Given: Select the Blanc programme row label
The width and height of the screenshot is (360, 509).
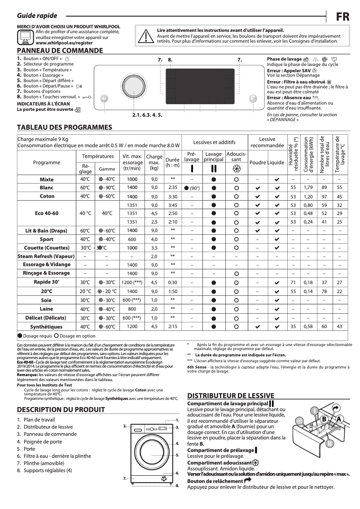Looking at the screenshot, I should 47,188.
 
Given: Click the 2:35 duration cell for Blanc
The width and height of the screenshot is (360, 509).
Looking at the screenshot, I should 172,188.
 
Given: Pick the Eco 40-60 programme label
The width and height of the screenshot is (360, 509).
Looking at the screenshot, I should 47,214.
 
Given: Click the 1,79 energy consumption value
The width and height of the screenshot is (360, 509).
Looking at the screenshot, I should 308,188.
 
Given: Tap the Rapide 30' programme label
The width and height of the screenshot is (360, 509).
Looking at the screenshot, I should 47,282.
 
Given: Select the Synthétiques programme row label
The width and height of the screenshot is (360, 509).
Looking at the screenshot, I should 47,327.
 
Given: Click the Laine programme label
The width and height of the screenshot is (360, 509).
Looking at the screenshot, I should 47,309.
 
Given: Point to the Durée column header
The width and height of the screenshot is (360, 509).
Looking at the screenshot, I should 172,162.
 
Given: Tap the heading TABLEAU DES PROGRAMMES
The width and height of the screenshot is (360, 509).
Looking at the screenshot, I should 64,127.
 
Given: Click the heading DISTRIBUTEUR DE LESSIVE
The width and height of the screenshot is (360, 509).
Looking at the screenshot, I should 230,395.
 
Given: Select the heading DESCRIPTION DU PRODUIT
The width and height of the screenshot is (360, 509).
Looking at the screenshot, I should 61,409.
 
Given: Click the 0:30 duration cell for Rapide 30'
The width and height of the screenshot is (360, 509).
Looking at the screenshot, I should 172,282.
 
